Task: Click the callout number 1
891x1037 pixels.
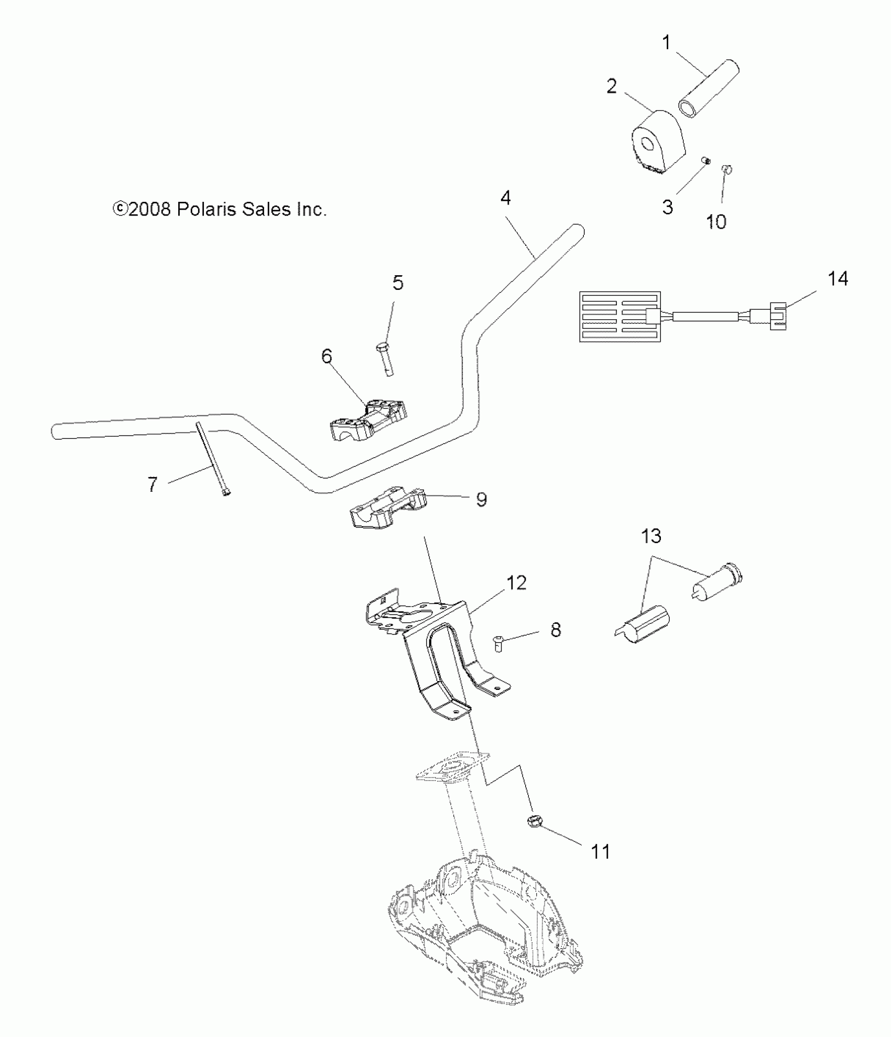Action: point(667,42)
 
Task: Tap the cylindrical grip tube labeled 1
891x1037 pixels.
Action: point(709,89)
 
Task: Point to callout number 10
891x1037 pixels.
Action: point(716,222)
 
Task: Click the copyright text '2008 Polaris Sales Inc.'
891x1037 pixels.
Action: point(220,210)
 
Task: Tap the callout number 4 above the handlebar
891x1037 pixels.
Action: point(505,198)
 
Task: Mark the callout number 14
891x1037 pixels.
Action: point(837,278)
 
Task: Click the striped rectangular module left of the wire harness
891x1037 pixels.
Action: point(619,317)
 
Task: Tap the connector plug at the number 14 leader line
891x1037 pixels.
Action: point(778,316)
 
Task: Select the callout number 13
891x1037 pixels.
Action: point(651,536)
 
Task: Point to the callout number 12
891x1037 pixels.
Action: point(516,582)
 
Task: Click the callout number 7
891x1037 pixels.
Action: point(152,484)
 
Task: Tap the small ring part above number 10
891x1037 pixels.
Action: point(727,169)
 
